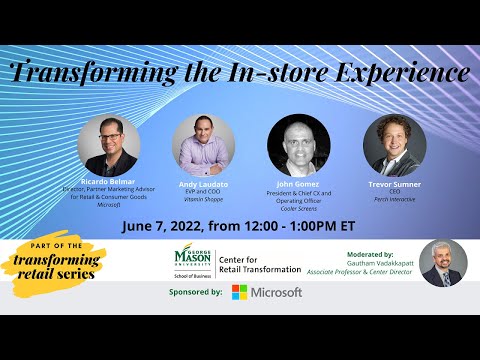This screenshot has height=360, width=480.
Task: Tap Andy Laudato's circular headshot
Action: (x=203, y=146)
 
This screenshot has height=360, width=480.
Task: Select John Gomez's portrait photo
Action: (x=298, y=145)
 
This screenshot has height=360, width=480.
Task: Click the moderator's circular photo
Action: (x=443, y=263)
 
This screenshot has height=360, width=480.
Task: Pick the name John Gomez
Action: (x=298, y=185)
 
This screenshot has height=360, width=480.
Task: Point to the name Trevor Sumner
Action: (x=394, y=185)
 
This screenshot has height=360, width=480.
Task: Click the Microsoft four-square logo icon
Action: (x=240, y=292)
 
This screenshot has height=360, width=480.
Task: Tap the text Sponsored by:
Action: (x=189, y=293)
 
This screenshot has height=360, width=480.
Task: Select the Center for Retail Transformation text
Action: (x=258, y=263)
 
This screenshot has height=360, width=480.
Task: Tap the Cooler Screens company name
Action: (x=298, y=208)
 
